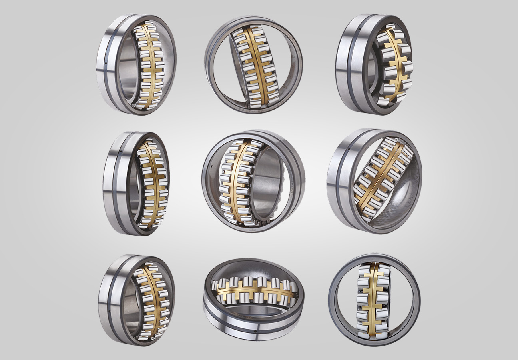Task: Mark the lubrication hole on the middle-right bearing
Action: pos(349,149)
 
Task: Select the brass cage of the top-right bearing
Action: pos(394,64)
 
